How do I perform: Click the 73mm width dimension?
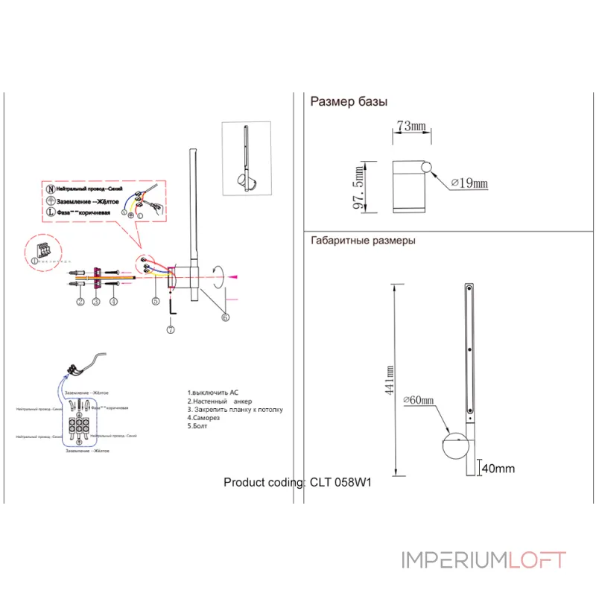(410, 127)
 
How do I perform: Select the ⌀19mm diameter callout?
(470, 183)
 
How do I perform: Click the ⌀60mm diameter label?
(418, 401)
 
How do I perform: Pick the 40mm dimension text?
(498, 469)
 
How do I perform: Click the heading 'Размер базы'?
(349, 103)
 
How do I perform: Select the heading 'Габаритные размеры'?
(363, 241)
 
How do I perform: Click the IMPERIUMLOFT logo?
(484, 559)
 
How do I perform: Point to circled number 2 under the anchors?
(79, 301)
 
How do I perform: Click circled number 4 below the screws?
(113, 301)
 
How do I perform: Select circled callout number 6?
(224, 317)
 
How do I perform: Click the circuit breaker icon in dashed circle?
(44, 250)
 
